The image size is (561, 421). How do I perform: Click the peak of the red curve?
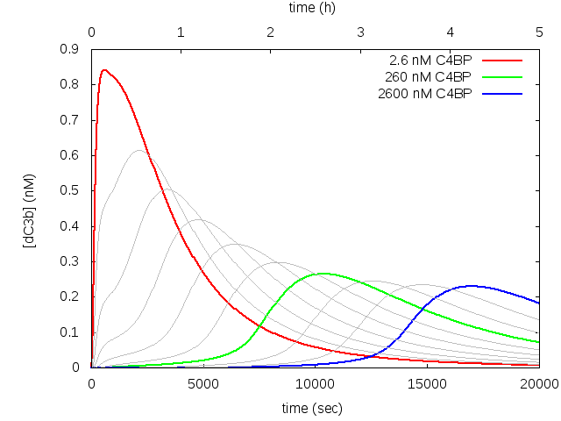pos(104,70)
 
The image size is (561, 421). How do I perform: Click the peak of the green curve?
pos(323,274)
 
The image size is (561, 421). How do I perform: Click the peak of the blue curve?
pos(471,286)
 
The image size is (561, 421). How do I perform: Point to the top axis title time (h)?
pos(312,7)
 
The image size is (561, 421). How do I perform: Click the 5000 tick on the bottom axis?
pos(203,383)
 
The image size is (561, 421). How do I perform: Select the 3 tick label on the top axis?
pos(360,32)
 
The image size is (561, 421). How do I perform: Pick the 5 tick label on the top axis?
pos(539,32)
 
